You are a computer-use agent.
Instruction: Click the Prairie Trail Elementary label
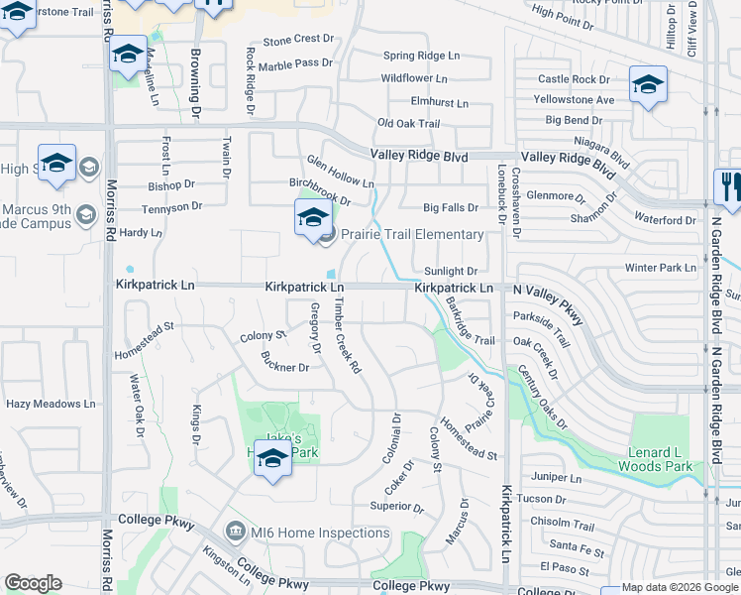[x=412, y=235]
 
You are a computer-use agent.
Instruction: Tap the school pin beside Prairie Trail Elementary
[x=312, y=218]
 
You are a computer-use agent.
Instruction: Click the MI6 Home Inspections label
[x=318, y=533]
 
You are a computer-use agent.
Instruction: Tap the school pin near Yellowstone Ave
[x=649, y=85]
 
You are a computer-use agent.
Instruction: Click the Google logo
[x=33, y=583]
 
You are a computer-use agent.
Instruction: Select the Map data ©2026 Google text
[x=680, y=588]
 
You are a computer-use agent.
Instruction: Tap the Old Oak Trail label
[x=408, y=123]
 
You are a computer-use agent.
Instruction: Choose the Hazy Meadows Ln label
[x=51, y=405]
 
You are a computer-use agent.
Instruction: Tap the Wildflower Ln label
[x=413, y=78]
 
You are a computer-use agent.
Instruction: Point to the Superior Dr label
[x=396, y=507]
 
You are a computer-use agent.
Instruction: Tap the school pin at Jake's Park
[x=272, y=457]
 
